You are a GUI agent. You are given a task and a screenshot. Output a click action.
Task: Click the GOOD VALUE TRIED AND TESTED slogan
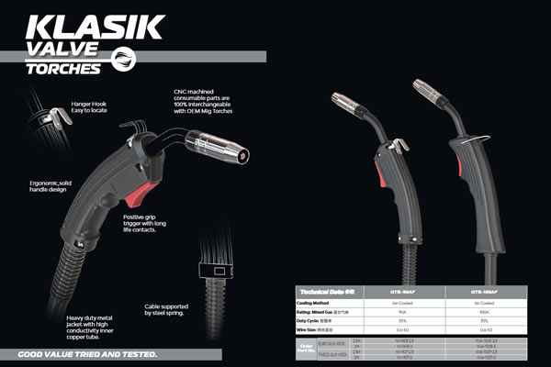tap(85, 354)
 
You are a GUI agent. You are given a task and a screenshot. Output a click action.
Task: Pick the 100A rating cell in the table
tap(484, 312)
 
